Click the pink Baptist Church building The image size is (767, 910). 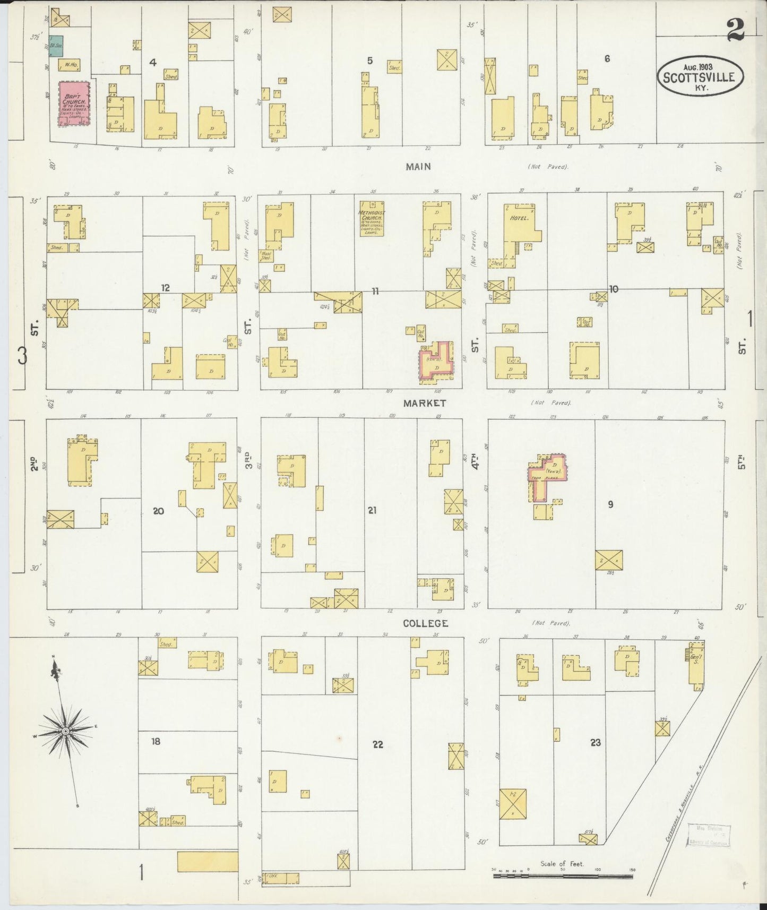click(x=74, y=104)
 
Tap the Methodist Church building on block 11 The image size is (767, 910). click(x=372, y=218)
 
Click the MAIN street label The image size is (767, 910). click(x=418, y=167)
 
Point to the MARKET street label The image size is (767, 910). click(x=424, y=403)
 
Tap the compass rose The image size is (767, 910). click(x=65, y=732)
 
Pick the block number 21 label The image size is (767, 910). click(x=372, y=510)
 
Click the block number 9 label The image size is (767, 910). click(x=610, y=504)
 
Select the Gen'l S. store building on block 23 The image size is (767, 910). click(x=696, y=663)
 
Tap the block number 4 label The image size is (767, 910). click(x=153, y=63)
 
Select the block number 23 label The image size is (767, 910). click(x=596, y=742)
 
